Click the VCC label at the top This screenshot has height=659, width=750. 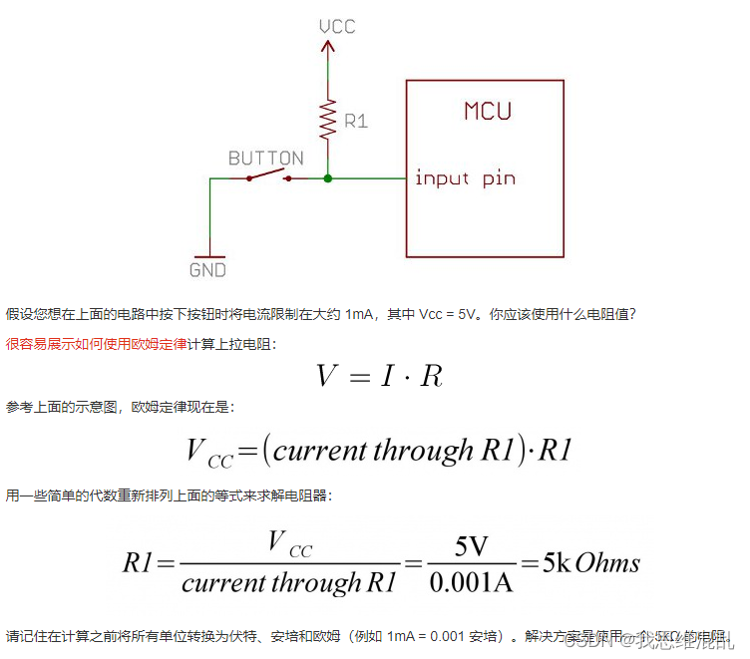tap(337, 26)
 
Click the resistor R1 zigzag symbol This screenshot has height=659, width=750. tap(327, 121)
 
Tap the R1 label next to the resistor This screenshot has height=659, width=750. tap(356, 121)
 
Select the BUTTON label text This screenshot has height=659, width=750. tap(265, 159)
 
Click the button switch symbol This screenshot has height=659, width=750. tap(268, 176)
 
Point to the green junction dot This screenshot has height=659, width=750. tap(327, 178)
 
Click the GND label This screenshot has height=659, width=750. tap(207, 270)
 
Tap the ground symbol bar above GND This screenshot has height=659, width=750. tap(209, 254)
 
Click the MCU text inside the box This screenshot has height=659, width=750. tap(488, 110)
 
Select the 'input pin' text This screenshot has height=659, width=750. tap(465, 178)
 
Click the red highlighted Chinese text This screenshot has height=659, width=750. tap(96, 343)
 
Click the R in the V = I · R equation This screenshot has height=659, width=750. tap(431, 375)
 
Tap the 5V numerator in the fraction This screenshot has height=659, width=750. tap(471, 547)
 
